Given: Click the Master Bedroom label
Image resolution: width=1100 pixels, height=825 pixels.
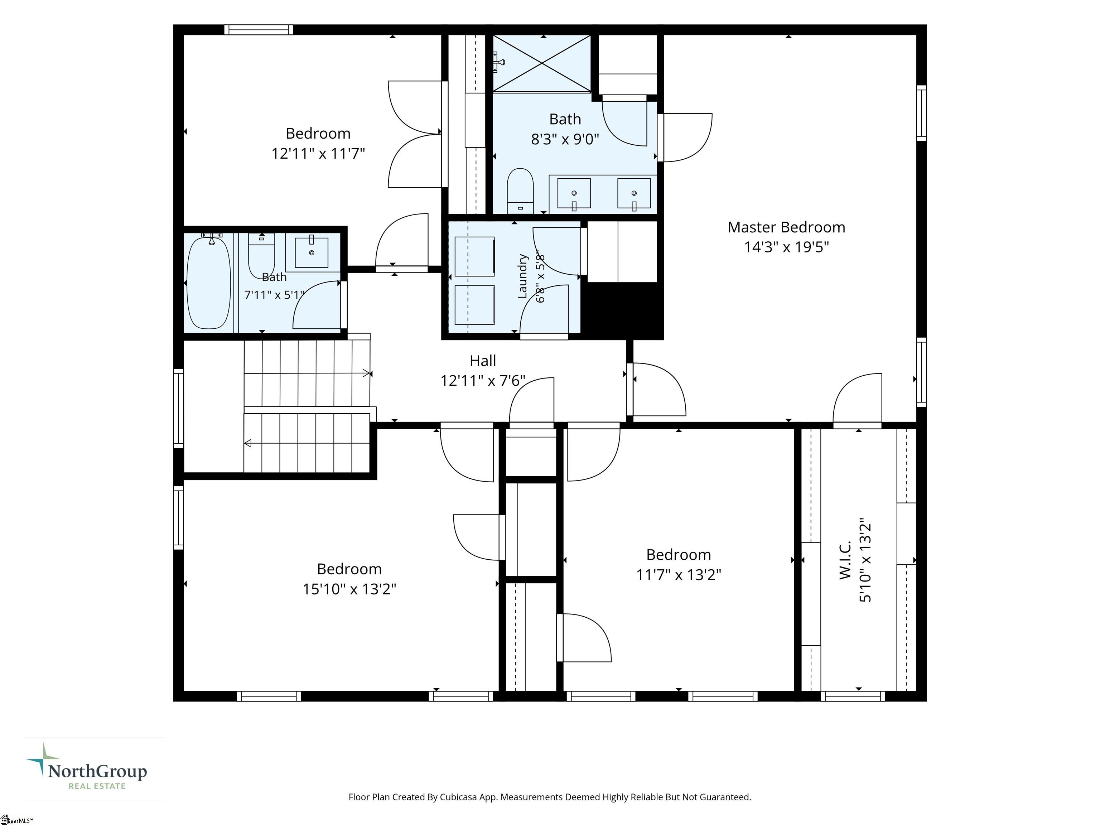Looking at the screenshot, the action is [786, 227].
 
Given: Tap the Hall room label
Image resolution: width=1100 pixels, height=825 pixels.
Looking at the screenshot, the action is [483, 361].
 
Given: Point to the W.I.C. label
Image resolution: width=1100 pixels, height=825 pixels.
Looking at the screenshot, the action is [845, 560].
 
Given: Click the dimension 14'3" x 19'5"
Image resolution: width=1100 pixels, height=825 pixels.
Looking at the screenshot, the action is [786, 247].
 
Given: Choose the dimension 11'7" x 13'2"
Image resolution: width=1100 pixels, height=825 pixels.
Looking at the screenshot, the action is [679, 575].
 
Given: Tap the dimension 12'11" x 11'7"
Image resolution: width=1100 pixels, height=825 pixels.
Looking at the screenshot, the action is [318, 153].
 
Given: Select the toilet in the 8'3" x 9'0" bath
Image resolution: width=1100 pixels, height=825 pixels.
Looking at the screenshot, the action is [520, 191].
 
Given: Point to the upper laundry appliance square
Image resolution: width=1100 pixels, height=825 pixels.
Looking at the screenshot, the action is [474, 257].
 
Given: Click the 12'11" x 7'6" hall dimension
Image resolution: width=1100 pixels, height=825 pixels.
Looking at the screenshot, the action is [483, 381].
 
